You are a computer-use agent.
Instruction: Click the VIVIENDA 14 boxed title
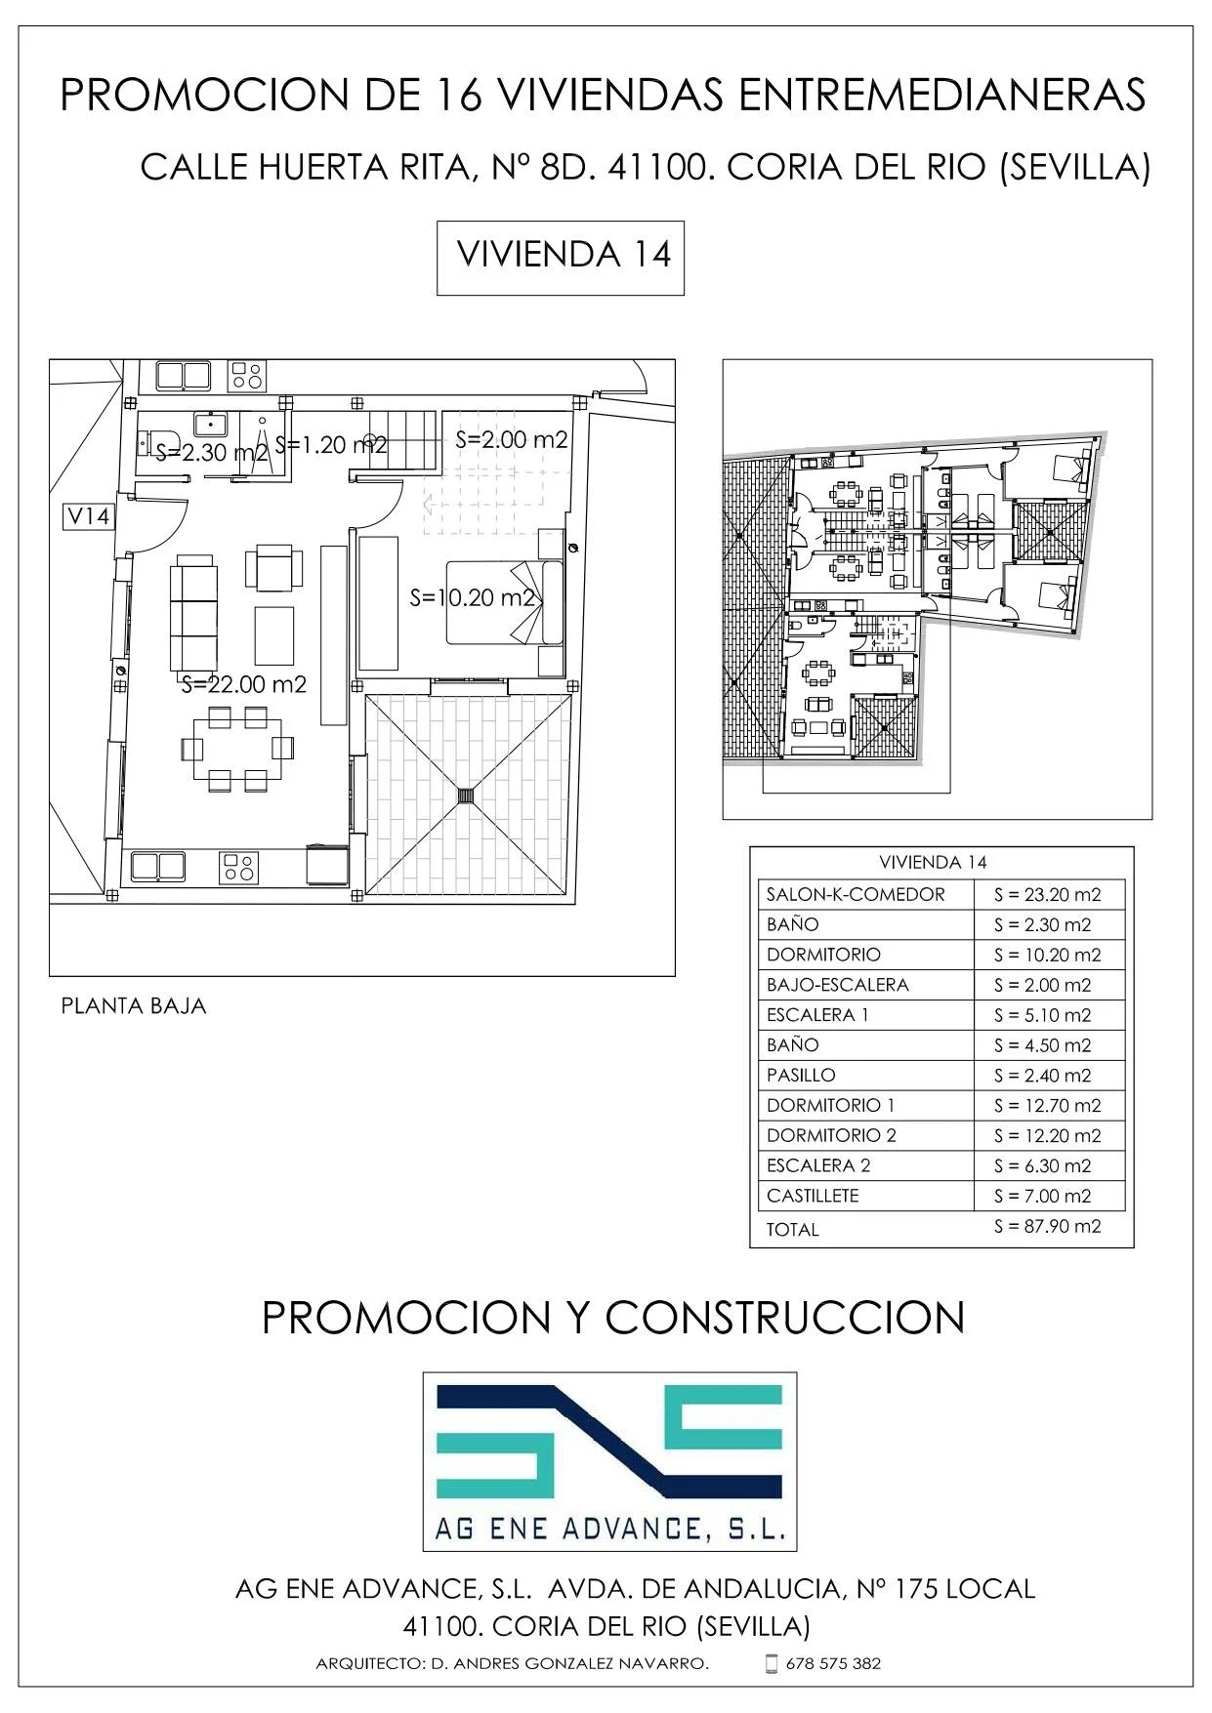564,255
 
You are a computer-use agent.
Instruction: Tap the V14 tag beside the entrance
88,515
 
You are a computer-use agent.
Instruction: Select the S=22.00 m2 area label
244,684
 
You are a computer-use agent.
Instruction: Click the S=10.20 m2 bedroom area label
473,597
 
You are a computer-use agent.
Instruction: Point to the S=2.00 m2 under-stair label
512,439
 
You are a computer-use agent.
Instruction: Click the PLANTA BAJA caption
134,1005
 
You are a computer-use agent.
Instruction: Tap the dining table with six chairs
237,749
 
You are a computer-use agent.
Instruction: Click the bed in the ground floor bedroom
505,602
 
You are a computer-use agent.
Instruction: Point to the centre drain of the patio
466,795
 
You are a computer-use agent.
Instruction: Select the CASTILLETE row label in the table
813,1196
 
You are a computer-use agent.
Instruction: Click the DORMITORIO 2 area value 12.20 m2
1047,1135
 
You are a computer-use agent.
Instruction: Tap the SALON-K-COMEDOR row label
856,894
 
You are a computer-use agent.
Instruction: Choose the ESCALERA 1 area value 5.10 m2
1042,1015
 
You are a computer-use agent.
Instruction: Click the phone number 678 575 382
833,1663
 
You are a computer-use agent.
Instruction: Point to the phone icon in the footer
771,1663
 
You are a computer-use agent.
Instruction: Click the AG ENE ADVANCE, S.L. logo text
609,1528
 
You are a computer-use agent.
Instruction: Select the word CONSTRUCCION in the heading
785,1318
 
